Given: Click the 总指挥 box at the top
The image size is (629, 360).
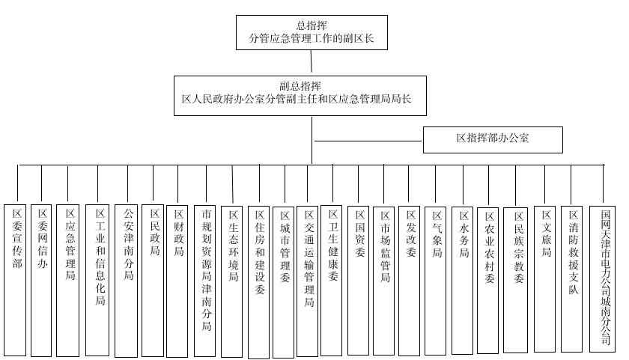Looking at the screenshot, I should (x=312, y=32).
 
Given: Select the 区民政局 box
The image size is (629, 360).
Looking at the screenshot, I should (x=153, y=277).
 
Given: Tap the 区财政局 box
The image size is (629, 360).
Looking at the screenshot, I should (x=177, y=278).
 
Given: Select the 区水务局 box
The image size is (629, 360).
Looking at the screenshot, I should (x=463, y=278).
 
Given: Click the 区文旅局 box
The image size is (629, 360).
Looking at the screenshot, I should (x=546, y=278).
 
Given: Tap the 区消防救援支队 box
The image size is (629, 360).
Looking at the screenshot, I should (x=572, y=278).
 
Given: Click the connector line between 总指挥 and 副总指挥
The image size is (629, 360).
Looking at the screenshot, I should (x=312, y=61).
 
